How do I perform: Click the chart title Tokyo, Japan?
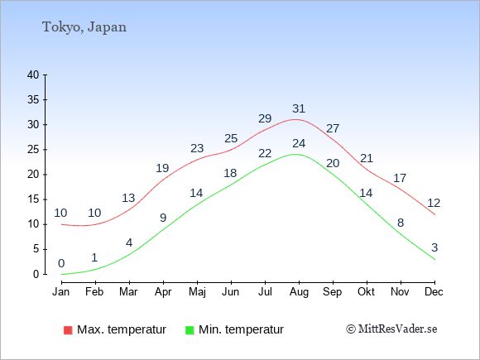click(x=84, y=27)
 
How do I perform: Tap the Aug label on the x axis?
click(x=299, y=292)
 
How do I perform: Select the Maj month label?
click(x=197, y=292)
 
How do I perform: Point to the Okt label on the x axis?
click(x=366, y=291)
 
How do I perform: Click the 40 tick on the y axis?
click(x=33, y=74)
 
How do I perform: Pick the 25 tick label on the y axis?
click(x=33, y=150)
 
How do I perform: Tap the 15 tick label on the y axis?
click(x=33, y=199)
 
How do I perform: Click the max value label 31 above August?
click(x=299, y=108)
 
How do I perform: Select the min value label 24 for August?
click(x=299, y=143)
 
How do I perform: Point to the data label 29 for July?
click(x=265, y=118)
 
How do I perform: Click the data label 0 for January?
click(x=61, y=263)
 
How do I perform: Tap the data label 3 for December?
click(x=434, y=247)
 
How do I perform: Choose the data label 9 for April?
click(x=163, y=218)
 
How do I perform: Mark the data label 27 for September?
click(x=333, y=128)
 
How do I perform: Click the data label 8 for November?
click(x=401, y=223)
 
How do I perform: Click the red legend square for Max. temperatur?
click(x=68, y=330)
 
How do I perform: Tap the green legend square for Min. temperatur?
click(x=190, y=330)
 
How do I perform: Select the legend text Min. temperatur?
click(x=241, y=329)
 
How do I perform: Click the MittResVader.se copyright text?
click(x=391, y=329)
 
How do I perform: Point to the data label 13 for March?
click(x=128, y=198)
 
